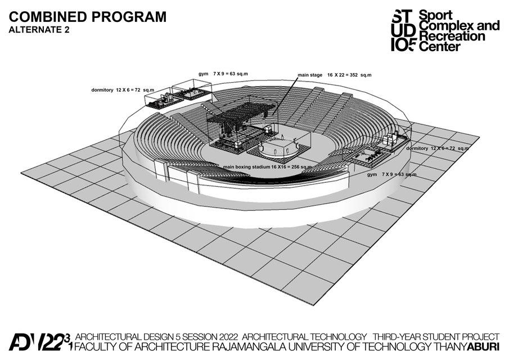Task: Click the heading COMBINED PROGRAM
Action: coord(87,16)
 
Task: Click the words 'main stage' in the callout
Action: coord(310,75)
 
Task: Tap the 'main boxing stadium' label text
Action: coord(246,167)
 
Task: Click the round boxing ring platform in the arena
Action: coord(275,148)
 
